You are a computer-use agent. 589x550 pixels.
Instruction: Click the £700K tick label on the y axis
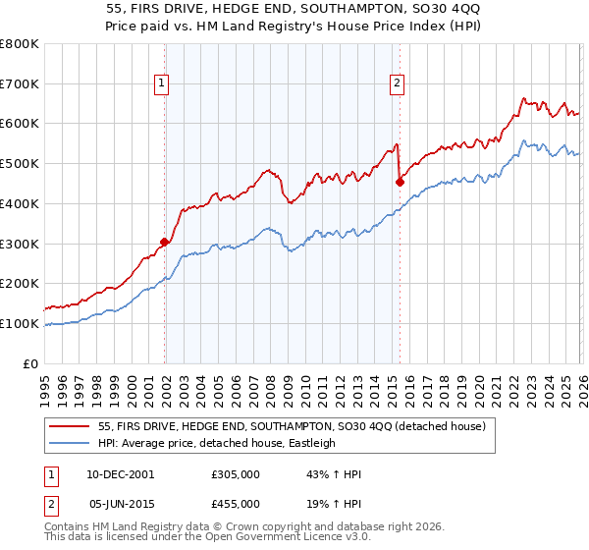(x=19, y=83)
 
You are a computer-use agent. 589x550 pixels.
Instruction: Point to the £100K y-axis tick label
(x=19, y=323)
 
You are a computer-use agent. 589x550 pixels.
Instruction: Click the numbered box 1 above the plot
(x=161, y=84)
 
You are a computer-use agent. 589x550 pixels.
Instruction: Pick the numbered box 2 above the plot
(x=398, y=84)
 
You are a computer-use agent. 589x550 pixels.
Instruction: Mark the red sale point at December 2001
(x=164, y=241)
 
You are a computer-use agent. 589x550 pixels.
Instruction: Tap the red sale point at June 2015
(x=400, y=181)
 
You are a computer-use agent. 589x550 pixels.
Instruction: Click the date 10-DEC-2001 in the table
(x=121, y=474)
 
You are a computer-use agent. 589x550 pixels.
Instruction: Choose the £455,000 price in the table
(x=236, y=503)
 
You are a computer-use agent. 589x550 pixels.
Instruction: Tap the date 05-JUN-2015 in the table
(x=121, y=503)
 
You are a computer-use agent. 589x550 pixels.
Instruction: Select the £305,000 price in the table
(x=236, y=474)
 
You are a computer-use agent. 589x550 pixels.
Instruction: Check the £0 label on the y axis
(x=28, y=363)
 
